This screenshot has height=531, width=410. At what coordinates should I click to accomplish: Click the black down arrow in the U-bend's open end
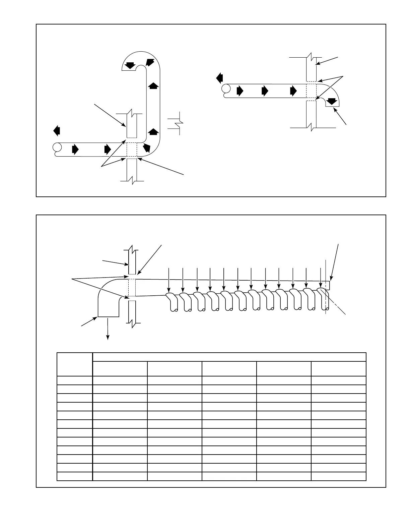129,65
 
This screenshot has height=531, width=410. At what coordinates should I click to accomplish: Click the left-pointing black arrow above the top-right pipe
220,78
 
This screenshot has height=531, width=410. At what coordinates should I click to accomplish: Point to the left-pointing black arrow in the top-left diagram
57,130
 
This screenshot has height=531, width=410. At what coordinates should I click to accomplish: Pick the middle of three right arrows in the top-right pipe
265,91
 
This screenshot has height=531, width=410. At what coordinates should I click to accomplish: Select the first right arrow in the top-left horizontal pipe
75,149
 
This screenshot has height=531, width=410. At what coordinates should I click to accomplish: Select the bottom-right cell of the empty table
338,476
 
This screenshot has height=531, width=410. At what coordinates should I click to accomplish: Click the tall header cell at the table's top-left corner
75,364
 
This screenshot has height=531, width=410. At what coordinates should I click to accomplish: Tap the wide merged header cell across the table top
229,357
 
